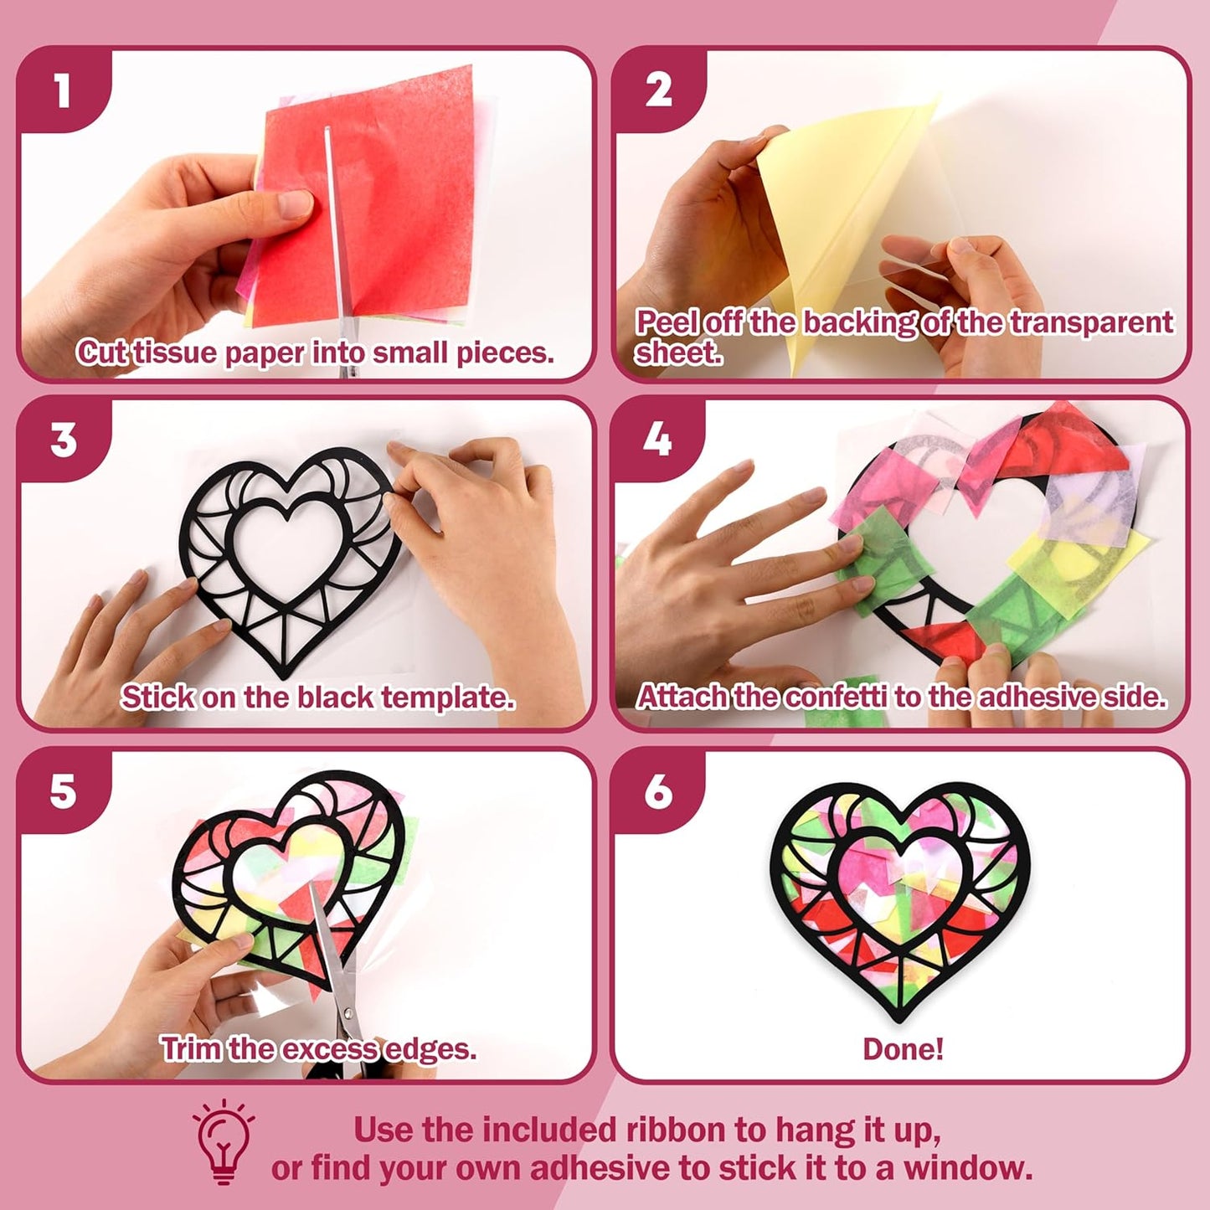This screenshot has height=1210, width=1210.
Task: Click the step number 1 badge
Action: click(63, 90)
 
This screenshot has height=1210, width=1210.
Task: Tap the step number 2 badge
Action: click(658, 90)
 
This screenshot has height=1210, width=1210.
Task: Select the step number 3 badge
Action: click(64, 440)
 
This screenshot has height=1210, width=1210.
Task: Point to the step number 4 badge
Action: click(657, 440)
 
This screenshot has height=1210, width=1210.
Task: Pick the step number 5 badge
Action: click(63, 791)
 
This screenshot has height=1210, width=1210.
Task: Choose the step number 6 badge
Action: click(658, 791)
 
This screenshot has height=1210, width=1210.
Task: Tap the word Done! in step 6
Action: click(903, 1049)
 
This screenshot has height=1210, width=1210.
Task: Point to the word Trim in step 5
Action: click(192, 1049)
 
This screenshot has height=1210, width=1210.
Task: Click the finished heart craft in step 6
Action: click(900, 896)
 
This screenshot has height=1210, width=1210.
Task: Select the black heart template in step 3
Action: click(285, 561)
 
